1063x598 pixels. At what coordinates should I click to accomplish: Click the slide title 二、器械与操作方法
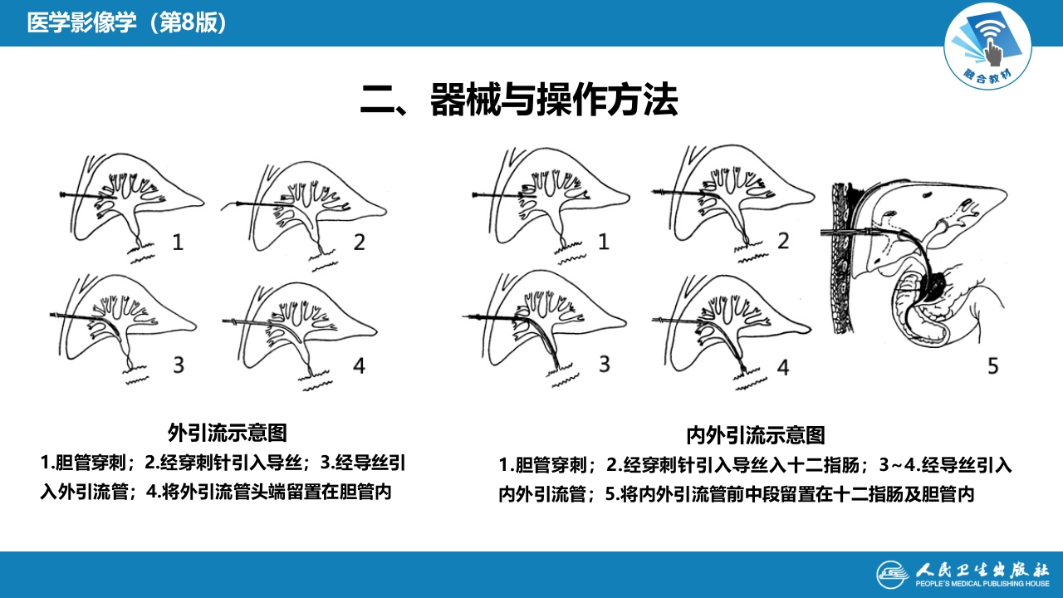click(x=519, y=100)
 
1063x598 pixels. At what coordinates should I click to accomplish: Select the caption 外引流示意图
click(x=227, y=433)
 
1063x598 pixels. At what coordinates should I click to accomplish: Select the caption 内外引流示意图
click(x=755, y=434)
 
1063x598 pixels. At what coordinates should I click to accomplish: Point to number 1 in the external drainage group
click(x=178, y=243)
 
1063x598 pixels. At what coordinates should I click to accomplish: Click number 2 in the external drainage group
click(x=359, y=243)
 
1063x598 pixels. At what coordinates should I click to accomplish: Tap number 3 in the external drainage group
click(x=178, y=365)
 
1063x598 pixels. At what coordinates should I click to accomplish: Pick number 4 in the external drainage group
click(x=359, y=365)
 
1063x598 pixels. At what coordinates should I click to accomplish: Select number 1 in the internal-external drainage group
click(x=604, y=243)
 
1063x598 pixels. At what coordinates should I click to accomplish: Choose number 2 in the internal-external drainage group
click(x=782, y=243)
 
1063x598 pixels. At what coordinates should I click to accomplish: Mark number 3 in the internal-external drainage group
click(x=604, y=365)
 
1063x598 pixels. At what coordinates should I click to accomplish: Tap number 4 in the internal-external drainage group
click(x=782, y=366)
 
